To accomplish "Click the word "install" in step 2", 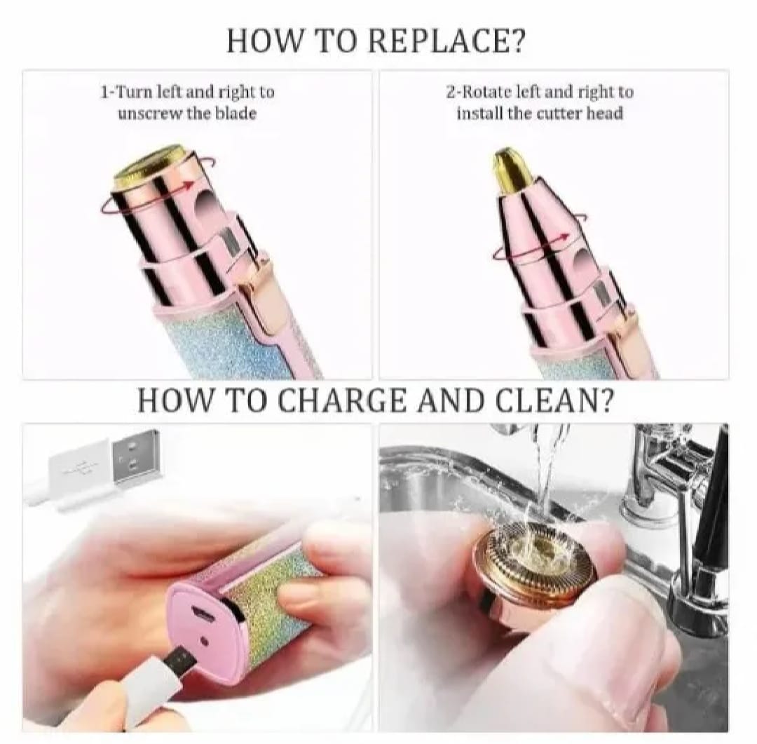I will coord(479,113).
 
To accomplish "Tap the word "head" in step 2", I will coord(604,113).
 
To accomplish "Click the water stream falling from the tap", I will coord(546,463).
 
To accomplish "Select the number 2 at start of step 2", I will coord(450,92).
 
